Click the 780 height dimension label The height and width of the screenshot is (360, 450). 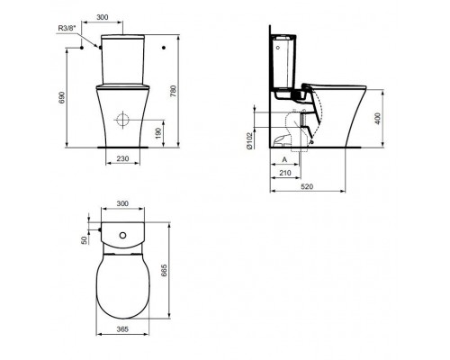pyautogui.click(x=174, y=92)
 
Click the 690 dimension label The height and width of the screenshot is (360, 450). pyautogui.click(x=61, y=97)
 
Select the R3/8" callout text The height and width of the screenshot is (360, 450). pyautogui.click(x=67, y=28)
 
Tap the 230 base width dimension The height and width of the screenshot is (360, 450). pyautogui.click(x=122, y=158)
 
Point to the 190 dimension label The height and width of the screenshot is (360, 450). pyautogui.click(x=158, y=133)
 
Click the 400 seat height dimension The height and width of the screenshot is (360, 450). pyautogui.click(x=378, y=119)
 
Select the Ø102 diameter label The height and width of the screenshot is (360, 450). pyautogui.click(x=249, y=140)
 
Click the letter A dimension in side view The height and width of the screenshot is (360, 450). pyautogui.click(x=284, y=160)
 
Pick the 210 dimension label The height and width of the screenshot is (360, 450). pyautogui.click(x=285, y=173)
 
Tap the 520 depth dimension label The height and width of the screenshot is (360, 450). pyautogui.click(x=307, y=186)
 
